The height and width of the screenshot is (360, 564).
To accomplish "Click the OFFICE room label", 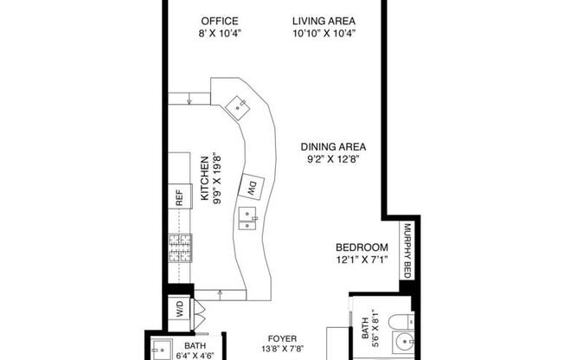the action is (220, 21).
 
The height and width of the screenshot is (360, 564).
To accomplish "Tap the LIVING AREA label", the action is (324, 21).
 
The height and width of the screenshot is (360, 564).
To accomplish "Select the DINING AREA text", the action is (333, 147).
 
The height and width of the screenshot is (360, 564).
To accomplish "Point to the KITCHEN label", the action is (204, 178).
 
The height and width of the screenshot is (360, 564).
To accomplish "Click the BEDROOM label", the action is (362, 247).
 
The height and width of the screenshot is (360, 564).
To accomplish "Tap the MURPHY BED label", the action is (407, 251).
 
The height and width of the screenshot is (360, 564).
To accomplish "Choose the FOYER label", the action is (282, 338).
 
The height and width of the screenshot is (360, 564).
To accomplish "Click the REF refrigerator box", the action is (180, 196).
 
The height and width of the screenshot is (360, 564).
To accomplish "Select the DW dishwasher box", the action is (252, 186).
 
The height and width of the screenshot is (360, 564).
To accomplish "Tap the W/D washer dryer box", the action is (179, 308).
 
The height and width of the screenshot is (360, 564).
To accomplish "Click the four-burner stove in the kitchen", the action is (180, 248).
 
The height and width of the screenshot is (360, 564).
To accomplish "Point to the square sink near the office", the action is (238, 107).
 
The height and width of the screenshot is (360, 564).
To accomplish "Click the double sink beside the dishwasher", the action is (247, 218).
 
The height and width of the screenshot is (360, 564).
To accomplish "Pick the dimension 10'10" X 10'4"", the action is (324, 34).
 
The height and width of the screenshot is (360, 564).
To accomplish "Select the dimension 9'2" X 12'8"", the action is (333, 159).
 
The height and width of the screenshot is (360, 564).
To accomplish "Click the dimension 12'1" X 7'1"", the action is (362, 260).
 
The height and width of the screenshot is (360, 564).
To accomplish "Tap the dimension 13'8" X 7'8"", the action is (282, 349).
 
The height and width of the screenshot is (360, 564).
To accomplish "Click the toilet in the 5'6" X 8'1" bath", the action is (401, 321).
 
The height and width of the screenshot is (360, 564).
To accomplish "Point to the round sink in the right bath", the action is (404, 341).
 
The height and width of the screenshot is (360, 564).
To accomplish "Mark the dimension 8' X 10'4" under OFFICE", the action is (220, 34).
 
